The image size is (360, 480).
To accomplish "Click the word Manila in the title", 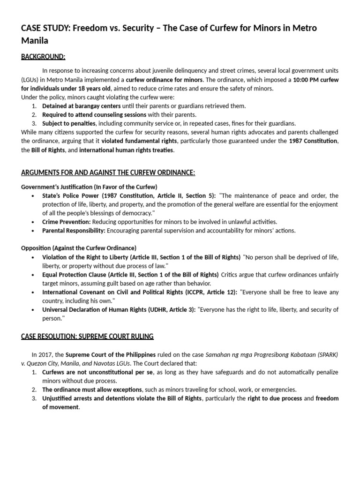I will click(x=35, y=40).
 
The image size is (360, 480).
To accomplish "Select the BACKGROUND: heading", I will click(x=43, y=57).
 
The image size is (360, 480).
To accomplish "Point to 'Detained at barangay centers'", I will click(x=81, y=106).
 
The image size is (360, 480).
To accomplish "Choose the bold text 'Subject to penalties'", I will click(x=69, y=123).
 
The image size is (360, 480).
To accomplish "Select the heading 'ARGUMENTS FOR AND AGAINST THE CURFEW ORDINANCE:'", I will click(x=108, y=172).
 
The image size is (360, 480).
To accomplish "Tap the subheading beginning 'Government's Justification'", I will click(x=89, y=187).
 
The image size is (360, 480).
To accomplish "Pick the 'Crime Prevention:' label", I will click(x=66, y=221).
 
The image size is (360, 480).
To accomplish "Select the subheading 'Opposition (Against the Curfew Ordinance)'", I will click(x=79, y=247).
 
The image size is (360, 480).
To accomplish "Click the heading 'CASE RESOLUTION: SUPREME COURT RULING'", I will click(x=87, y=337).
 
